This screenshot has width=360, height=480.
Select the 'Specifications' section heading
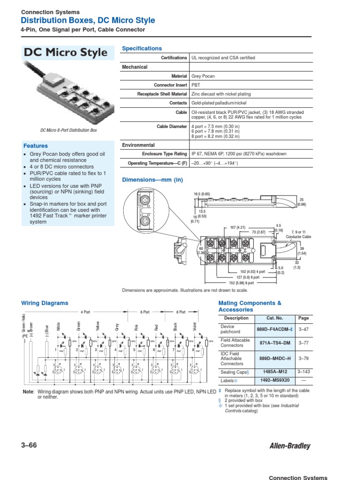(142, 48)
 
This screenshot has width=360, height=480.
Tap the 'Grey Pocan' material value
(203, 76)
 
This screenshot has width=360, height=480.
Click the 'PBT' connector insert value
(195, 85)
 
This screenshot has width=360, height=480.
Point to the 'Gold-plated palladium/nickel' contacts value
(219, 103)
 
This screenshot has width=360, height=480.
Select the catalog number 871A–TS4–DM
(275, 343)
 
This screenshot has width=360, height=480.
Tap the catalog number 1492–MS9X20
(275, 380)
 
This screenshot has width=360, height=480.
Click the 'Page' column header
(304, 318)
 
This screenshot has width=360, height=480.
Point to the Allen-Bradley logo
(289, 446)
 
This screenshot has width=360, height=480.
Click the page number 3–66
(29, 446)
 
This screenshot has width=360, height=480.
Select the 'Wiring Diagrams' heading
(45, 303)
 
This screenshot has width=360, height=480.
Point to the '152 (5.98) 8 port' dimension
(242, 283)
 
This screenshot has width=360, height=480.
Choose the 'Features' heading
(36, 146)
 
